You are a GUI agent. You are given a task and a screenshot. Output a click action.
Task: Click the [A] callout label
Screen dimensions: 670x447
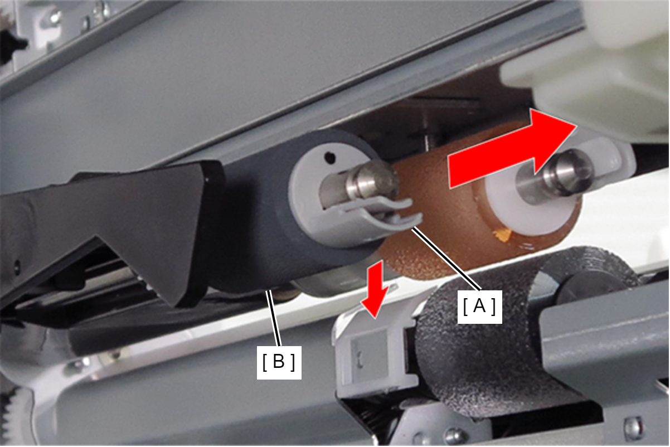(479, 307)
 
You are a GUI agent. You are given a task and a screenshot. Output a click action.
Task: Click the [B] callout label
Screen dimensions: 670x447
(279, 362)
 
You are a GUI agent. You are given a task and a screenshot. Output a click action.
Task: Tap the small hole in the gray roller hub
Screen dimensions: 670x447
(329, 157)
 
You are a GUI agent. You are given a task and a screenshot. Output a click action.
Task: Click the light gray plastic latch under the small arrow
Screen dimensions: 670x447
(377, 353)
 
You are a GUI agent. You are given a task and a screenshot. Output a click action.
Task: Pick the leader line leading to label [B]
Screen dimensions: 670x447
(275, 319)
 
